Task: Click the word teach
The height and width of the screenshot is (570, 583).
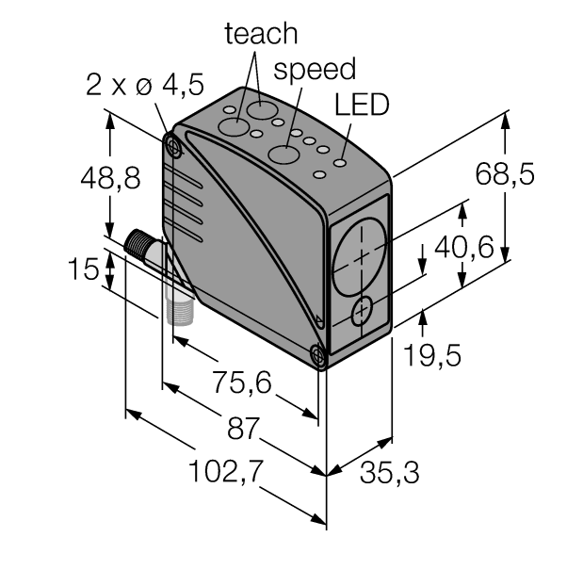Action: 261,34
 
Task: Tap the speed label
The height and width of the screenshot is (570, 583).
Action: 315,69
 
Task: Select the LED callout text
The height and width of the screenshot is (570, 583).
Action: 362,105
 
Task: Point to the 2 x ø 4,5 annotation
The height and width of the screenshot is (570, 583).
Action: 145,85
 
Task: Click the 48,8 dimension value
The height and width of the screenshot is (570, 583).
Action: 110,178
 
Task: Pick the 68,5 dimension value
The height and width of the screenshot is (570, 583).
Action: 505,173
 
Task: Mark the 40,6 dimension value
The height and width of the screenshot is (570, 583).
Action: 464,247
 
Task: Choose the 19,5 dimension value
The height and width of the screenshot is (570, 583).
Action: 432,355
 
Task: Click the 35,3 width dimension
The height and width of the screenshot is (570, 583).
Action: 389,472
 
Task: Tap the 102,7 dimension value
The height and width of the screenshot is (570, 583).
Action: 226,471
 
